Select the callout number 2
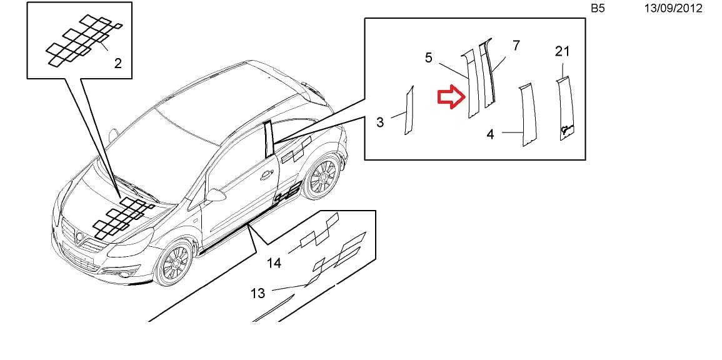[118, 63]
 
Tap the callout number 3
[380, 122]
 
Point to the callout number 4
[490, 134]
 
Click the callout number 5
[429, 57]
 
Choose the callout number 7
[516, 46]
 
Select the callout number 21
[562, 51]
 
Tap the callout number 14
[274, 263]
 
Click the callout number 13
[258, 292]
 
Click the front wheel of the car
[174, 262]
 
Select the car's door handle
[266, 176]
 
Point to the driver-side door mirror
[216, 195]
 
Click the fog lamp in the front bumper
[123, 275]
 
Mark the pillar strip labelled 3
[409, 110]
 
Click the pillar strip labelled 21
[566, 107]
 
